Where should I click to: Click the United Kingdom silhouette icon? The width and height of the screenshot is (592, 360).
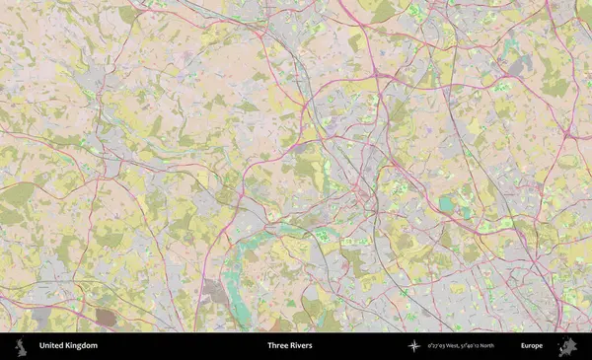click(19, 346)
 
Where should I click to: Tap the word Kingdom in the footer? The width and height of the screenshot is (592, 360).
click(82, 346)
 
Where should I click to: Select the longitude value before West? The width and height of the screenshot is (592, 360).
click(437, 346)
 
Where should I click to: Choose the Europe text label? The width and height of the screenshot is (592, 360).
click(533, 346)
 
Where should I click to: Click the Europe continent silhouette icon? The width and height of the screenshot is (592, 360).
click(567, 346)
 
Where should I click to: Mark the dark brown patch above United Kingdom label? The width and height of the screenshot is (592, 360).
click(105, 317)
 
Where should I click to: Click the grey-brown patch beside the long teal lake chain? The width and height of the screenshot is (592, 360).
click(214, 291)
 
